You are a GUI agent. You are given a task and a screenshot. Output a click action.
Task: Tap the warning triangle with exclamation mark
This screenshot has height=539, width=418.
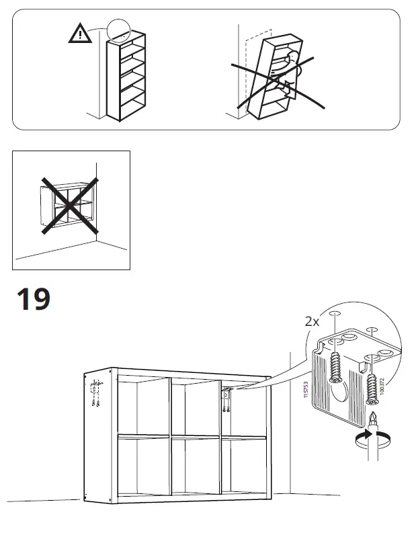coord(81,34)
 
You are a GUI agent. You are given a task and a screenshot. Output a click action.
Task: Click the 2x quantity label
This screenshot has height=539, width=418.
coord(312,322)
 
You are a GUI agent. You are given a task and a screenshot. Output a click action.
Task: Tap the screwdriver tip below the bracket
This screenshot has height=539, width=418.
coord(369,421)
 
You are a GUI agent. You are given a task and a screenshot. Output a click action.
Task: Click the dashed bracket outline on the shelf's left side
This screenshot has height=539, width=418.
coord(94,392)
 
